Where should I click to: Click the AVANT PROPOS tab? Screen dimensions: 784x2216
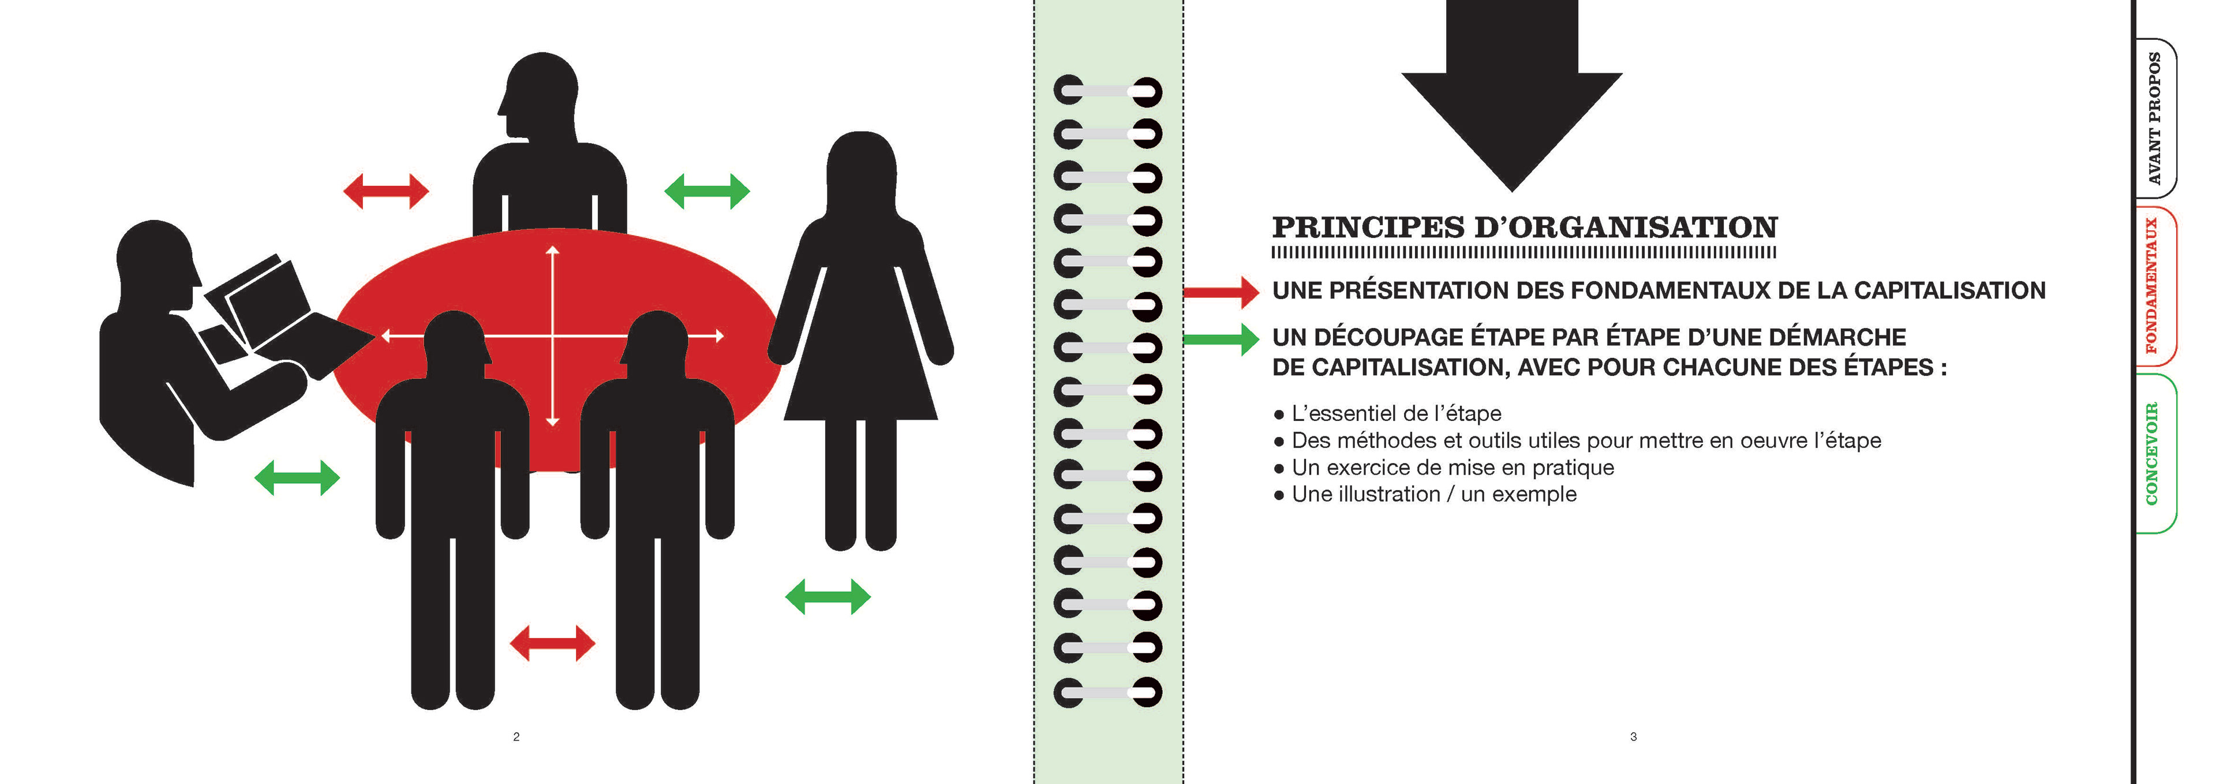click(x=2155, y=119)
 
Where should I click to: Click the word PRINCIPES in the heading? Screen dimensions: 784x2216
click(x=1368, y=228)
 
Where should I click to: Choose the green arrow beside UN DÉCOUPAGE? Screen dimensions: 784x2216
click(x=1222, y=339)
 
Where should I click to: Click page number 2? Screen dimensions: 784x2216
click(x=516, y=737)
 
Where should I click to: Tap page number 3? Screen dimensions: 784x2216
click(x=1633, y=737)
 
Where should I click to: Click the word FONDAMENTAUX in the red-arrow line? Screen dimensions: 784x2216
click(x=1671, y=291)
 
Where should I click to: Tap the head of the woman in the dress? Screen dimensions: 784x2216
click(x=861, y=168)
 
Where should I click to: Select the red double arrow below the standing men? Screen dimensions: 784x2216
click(x=552, y=643)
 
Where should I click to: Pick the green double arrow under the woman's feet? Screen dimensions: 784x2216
click(x=828, y=596)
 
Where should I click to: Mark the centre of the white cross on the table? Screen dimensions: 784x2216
click(x=552, y=335)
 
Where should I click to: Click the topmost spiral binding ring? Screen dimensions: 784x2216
click(x=1107, y=91)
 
